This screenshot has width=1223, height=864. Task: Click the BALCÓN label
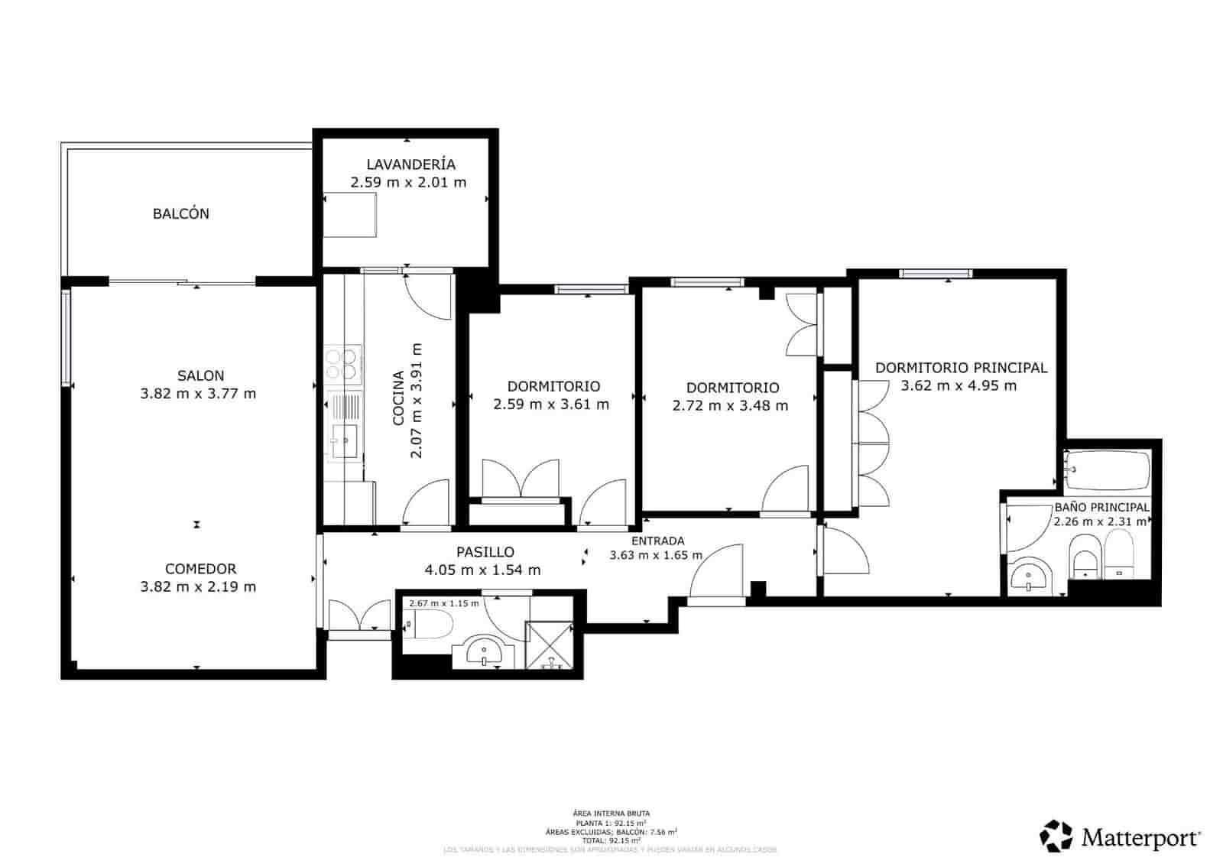coord(180,214)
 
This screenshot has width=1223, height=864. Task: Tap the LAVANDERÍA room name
coord(410,164)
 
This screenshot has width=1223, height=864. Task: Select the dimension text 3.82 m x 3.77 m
coord(198,395)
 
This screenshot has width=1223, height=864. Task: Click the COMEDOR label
coord(200,569)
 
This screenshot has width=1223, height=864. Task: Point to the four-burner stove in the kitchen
coord(342,364)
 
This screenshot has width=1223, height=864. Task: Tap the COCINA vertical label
coord(398,398)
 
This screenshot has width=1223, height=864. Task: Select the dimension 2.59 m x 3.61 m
coord(551,404)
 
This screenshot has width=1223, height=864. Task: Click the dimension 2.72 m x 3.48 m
coord(730,406)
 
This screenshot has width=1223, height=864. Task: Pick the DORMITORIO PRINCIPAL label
coord(961,368)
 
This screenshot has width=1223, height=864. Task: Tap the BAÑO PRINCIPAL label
coord(1101,508)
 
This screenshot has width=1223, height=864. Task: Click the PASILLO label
coord(485,552)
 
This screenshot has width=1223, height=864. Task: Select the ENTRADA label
coord(657,541)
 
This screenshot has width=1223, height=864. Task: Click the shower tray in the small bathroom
coord(549,645)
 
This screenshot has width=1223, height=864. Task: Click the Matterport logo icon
coord(1056,836)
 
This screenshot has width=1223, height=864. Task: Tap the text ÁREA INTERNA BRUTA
coord(611,814)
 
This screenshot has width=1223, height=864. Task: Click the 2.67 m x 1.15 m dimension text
coord(443,603)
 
